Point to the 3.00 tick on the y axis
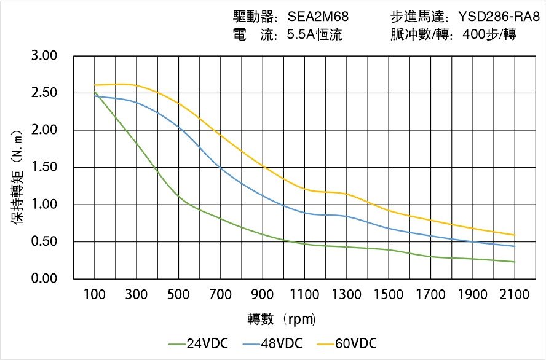pos(44,56)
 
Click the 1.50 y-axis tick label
pos(44,167)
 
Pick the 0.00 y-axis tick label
pos(44,279)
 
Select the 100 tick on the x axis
pos(94,295)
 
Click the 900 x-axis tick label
pos(263,295)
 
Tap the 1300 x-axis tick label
pos(346,295)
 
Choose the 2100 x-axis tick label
pos(514,295)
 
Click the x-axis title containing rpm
pos(282,319)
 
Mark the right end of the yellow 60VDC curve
pos(514,235)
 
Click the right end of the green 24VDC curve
pos(514,262)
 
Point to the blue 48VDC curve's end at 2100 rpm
pos(514,246)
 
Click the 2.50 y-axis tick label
pos(44,93)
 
